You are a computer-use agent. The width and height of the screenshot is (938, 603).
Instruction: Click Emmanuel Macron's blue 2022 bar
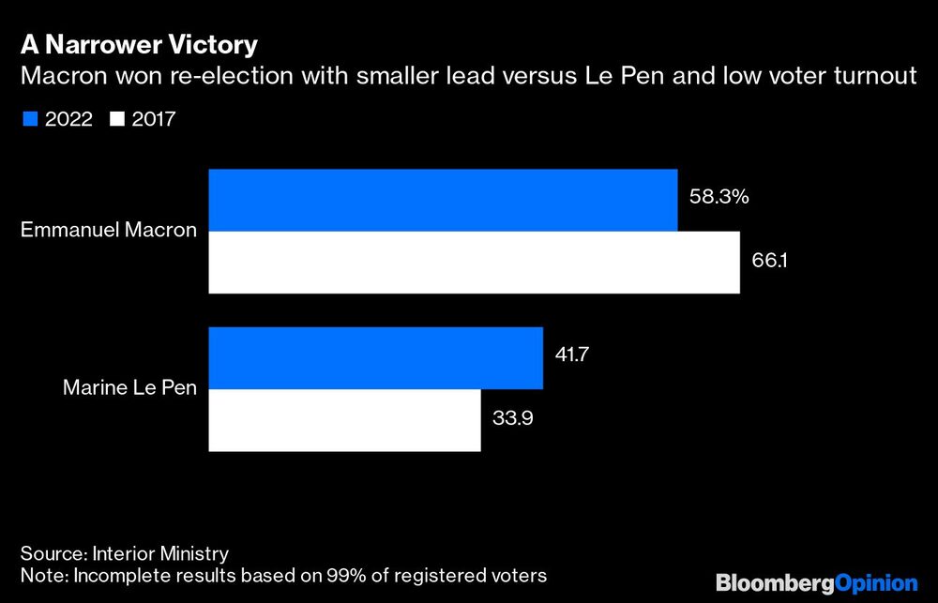[443, 200]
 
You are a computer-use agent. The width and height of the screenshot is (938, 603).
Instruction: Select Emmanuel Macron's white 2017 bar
[474, 263]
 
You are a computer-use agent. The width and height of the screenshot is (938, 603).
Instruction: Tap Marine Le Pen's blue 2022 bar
[375, 357]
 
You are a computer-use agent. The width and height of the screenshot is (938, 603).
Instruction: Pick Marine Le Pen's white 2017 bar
[344, 420]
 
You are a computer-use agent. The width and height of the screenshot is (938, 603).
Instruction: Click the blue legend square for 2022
[27, 119]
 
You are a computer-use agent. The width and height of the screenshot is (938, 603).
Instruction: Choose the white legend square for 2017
[117, 119]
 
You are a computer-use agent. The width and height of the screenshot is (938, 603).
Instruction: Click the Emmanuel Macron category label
[108, 231]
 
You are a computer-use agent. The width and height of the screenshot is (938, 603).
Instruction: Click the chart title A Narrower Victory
[140, 45]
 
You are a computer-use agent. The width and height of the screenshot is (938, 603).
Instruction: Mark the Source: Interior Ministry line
[125, 553]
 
